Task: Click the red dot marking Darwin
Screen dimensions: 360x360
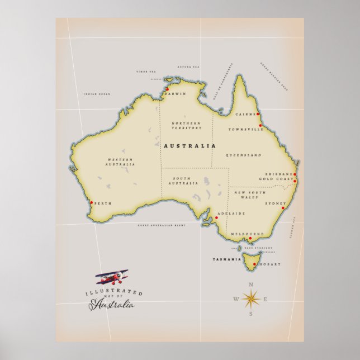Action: (167, 89)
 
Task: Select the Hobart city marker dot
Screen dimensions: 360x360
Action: (255, 264)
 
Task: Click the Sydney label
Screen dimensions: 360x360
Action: (275, 203)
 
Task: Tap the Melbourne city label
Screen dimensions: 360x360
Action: (246, 234)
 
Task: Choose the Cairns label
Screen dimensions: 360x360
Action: (245, 114)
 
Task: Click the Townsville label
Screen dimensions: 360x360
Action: (245, 129)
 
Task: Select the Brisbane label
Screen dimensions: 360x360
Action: (278, 174)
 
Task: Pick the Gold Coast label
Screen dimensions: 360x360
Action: (276, 179)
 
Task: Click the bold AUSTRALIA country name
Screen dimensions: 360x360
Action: (190, 146)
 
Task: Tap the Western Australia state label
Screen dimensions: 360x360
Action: (121, 162)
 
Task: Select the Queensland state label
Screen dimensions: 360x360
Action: (244, 155)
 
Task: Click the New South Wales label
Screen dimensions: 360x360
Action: (248, 195)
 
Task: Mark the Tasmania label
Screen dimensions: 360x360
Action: (227, 259)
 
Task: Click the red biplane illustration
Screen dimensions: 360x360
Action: (111, 277)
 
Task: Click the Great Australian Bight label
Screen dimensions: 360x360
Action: (161, 225)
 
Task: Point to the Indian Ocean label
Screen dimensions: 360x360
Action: (97, 94)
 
